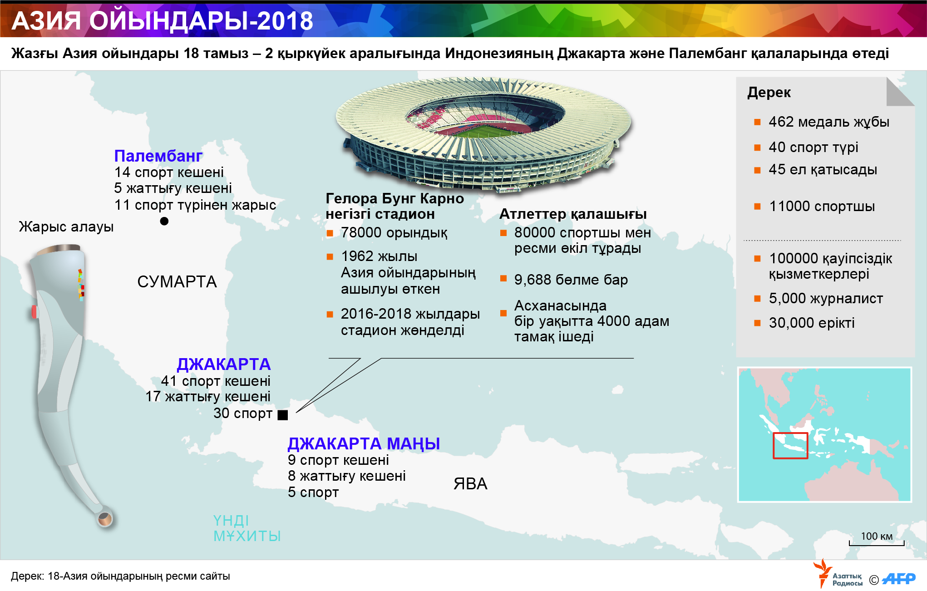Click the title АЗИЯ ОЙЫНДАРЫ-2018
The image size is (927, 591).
click(162, 21)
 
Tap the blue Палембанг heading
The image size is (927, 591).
click(158, 156)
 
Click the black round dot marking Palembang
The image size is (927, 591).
click(164, 221)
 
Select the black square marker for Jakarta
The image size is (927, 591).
click(282, 415)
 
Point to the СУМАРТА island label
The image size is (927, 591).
click(177, 282)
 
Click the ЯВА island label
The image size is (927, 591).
click(470, 484)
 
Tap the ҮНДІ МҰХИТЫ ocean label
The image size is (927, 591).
click(247, 528)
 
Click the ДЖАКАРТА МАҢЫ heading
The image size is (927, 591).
click(364, 443)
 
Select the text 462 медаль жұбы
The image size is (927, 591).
click(828, 122)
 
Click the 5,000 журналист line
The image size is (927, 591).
click(825, 299)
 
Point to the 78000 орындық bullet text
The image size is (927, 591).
click(394, 233)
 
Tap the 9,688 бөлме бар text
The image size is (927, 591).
click(571, 280)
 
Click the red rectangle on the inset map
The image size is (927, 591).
click(790, 445)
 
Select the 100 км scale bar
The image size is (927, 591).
click(877, 543)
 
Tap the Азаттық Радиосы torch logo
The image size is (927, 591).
click(823, 574)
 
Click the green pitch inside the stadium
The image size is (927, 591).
click(481, 131)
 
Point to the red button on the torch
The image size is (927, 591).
click(34, 311)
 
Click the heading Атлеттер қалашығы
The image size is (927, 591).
click(573, 214)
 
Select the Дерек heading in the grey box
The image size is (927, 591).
click(769, 93)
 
